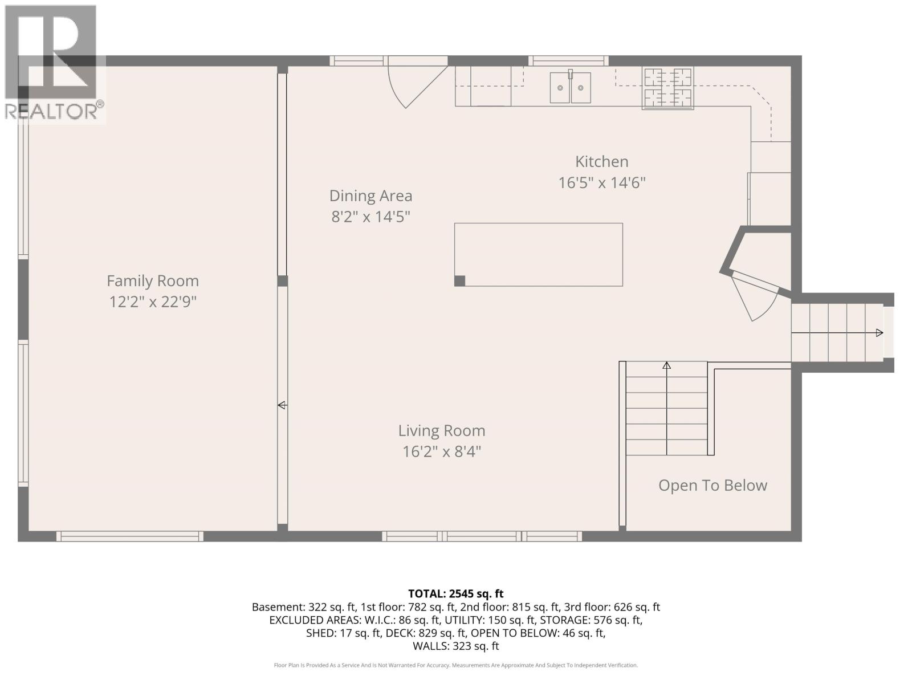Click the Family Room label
(x=153, y=280)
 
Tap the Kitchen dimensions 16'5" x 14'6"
(x=601, y=183)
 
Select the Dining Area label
(x=370, y=196)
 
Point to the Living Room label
(x=442, y=430)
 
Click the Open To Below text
(x=712, y=485)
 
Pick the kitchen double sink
(x=570, y=88)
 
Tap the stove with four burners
(x=667, y=88)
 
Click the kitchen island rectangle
(x=538, y=254)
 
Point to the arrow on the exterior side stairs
(x=880, y=333)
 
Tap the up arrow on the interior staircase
(x=666, y=365)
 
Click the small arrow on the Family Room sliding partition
(x=282, y=405)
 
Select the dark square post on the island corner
(x=460, y=280)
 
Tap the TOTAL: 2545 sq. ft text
(x=455, y=593)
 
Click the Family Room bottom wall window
(x=129, y=536)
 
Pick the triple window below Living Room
(x=482, y=536)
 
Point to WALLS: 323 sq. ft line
(x=455, y=646)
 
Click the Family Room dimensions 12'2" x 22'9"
(x=153, y=302)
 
